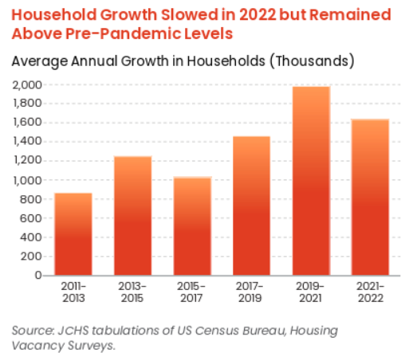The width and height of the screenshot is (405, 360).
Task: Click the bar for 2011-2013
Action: pyautogui.click(x=73, y=234)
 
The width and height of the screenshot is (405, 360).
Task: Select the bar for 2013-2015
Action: pyautogui.click(x=133, y=216)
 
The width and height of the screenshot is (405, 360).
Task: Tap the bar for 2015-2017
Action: pyautogui.click(x=193, y=226)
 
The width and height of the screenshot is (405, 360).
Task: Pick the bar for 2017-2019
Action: pyautogui.click(x=252, y=205)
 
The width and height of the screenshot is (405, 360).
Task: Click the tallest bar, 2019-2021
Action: pyautogui.click(x=311, y=181)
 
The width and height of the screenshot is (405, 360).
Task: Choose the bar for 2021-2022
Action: pyautogui.click(x=370, y=198)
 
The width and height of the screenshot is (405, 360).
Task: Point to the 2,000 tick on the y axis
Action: pyautogui.click(x=27, y=85)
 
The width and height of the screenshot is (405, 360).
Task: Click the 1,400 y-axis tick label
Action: pyautogui.click(x=28, y=141)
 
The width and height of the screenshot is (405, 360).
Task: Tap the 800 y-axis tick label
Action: pyautogui.click(x=31, y=199)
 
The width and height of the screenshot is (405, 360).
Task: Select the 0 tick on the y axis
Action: pyautogui.click(x=38, y=276)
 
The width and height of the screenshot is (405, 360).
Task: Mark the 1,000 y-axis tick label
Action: pyautogui.click(x=28, y=181)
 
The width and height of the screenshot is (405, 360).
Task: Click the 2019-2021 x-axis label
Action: pyautogui.click(x=310, y=292)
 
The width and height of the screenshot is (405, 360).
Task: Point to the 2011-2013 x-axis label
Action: pyautogui.click(x=73, y=292)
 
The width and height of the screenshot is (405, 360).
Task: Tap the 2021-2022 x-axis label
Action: pyautogui.click(x=371, y=292)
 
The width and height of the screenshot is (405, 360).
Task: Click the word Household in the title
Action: pyautogui.click(x=53, y=14)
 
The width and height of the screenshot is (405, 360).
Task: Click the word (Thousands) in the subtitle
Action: pyautogui.click(x=313, y=61)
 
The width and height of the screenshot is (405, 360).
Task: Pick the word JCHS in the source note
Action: pyautogui.click(x=73, y=331)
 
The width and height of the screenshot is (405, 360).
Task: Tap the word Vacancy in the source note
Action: pyautogui.click(x=37, y=346)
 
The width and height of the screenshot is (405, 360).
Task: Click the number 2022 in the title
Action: pyautogui.click(x=258, y=14)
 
